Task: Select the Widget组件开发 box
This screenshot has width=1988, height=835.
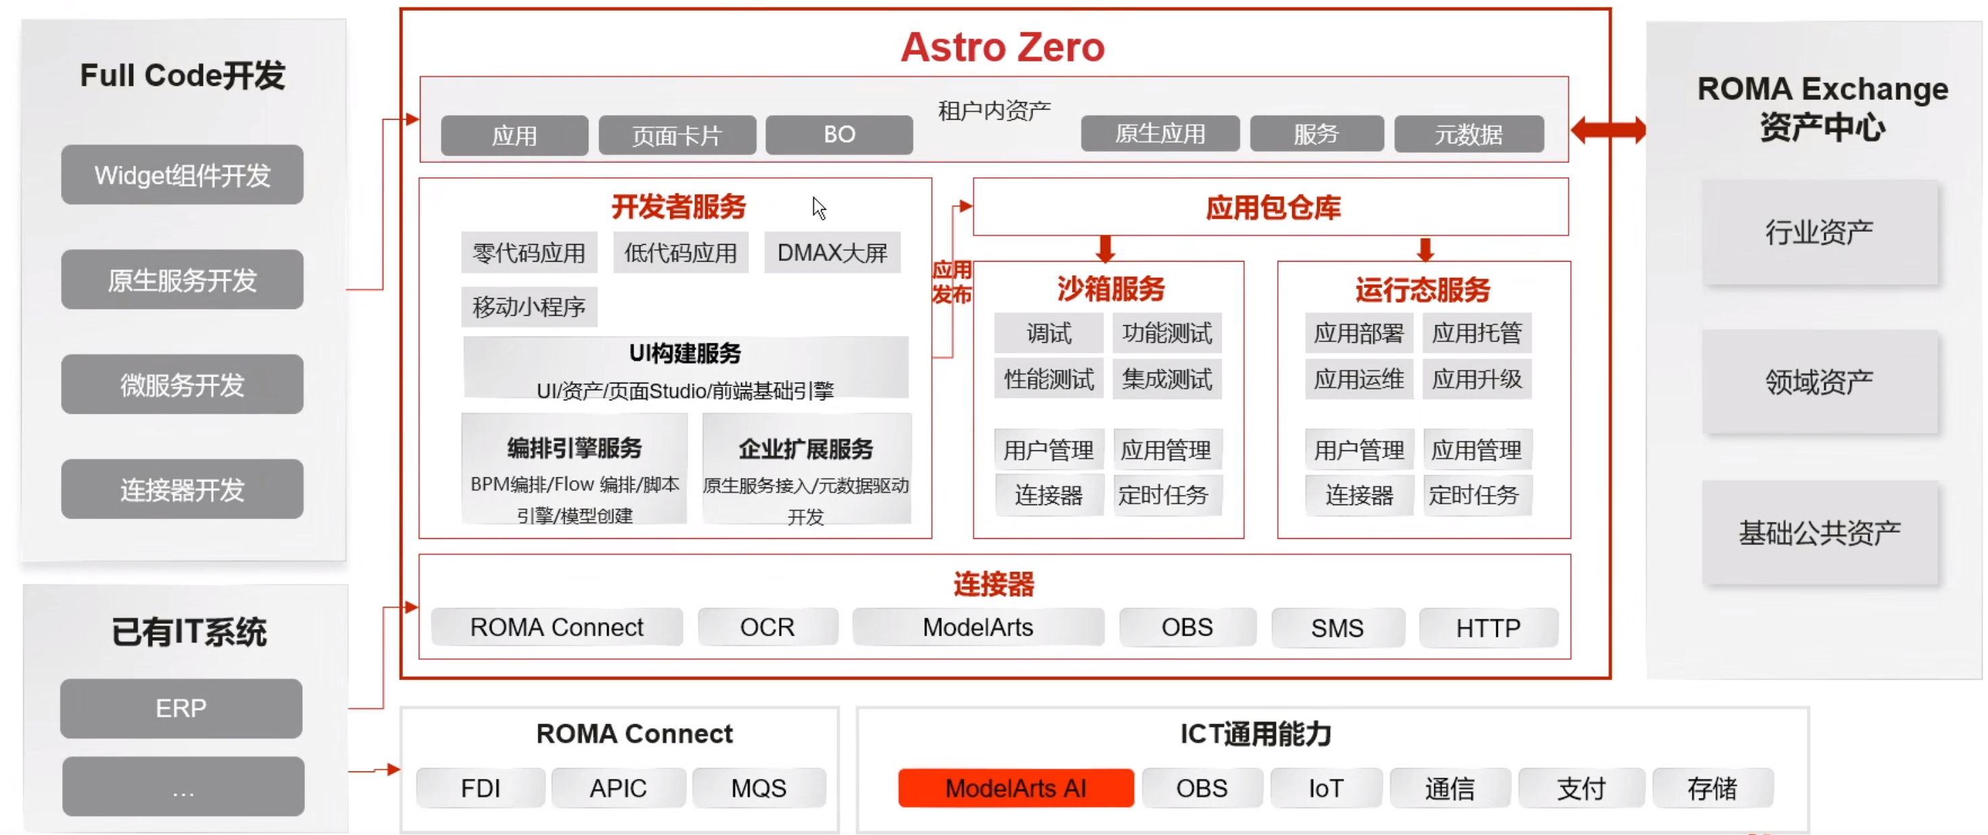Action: coord(182,174)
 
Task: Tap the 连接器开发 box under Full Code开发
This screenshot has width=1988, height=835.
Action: coord(182,489)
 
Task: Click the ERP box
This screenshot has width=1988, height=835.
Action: coord(181,708)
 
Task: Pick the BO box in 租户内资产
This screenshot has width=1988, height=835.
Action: coord(839,135)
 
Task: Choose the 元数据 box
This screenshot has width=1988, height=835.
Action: coord(1469,135)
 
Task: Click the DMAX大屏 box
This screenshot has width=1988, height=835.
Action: coord(832,252)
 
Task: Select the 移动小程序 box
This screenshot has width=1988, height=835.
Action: coord(529,306)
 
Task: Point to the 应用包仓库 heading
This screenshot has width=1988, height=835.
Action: coord(1273,207)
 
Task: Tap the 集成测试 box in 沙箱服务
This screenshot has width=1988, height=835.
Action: coord(1167,378)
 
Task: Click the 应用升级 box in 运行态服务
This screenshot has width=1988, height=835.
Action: coord(1476,378)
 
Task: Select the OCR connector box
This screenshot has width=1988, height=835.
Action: coord(767,627)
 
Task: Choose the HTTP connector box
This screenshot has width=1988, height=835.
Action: coord(1488,627)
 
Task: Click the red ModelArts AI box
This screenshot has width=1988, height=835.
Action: coord(1016,788)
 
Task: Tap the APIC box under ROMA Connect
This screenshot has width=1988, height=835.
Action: coord(618,788)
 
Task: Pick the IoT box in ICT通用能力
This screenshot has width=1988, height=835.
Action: coord(1326,788)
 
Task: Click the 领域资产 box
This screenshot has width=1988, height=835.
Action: coord(1820,381)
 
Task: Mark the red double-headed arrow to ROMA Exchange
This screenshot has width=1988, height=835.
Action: coord(1608,130)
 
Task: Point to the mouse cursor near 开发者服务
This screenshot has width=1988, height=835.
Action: coord(818,208)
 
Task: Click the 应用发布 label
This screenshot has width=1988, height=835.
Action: coord(951,282)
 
